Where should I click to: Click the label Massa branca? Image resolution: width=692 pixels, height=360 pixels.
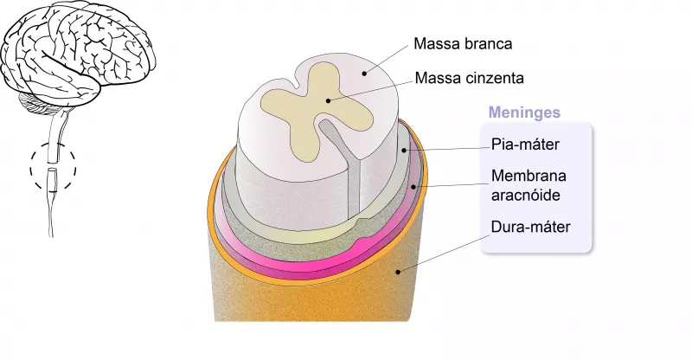coord(464,43)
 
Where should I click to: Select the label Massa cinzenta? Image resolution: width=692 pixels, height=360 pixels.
coord(470,79)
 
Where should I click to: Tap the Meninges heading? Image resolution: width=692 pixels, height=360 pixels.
coord(524,112)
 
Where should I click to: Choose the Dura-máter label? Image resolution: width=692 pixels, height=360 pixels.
coord(530,228)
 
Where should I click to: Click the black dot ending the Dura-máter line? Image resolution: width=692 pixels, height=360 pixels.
coord(398,272)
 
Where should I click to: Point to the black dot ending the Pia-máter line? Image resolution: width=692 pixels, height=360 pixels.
coord(404,150)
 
